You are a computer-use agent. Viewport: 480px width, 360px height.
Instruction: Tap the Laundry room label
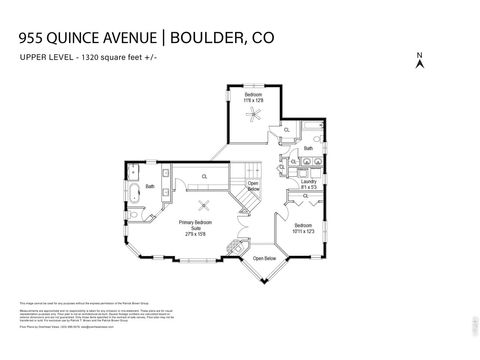(308, 182)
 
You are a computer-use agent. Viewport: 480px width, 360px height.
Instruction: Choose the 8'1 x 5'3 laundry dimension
(308, 188)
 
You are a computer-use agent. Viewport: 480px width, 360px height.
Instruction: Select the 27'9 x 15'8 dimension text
(194, 237)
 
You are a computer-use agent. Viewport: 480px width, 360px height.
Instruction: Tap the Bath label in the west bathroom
(150, 186)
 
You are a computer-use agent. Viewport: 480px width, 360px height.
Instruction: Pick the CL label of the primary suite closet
(204, 177)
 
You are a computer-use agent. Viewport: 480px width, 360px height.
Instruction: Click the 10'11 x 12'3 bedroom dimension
(304, 232)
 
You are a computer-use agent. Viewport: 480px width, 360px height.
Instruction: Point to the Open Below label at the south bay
(265, 257)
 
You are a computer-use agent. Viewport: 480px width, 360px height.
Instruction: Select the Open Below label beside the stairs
(253, 186)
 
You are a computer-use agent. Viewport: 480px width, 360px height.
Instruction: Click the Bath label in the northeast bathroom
(309, 149)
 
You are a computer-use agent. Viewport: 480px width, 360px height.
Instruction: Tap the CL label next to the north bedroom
(288, 130)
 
